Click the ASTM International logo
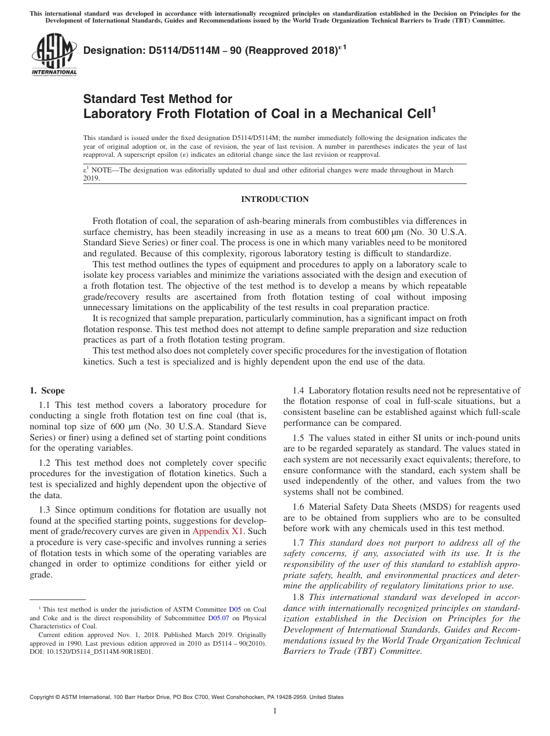(54, 56)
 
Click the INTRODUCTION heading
(274, 200)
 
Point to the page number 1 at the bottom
(275, 711)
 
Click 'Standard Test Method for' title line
(157, 99)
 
